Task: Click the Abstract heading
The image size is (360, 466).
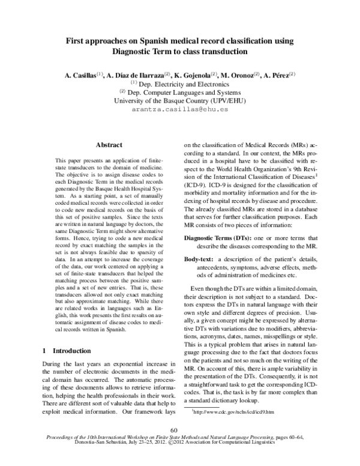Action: tap(109, 145)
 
